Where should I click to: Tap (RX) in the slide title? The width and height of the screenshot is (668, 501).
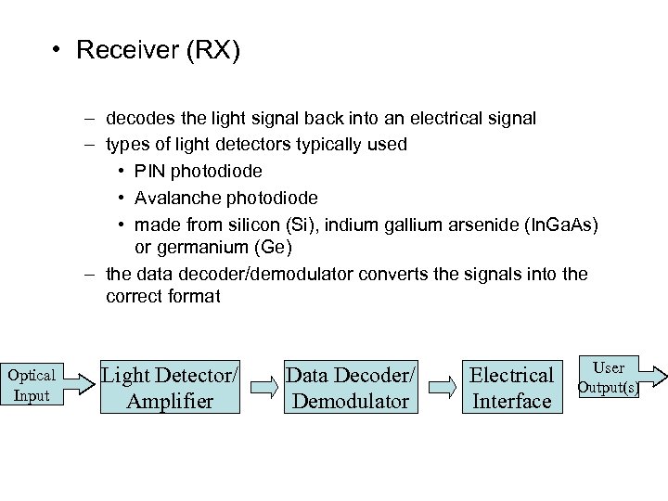point(213,50)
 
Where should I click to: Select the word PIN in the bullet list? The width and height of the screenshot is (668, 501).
point(151,172)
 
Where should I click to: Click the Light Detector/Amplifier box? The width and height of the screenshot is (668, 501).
point(169,388)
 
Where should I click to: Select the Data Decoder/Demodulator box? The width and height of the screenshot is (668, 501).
point(351,388)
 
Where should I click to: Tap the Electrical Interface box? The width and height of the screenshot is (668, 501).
point(511,388)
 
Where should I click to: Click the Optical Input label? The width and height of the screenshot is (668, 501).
point(31,385)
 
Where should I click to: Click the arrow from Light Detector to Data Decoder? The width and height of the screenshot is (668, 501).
point(263,388)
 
